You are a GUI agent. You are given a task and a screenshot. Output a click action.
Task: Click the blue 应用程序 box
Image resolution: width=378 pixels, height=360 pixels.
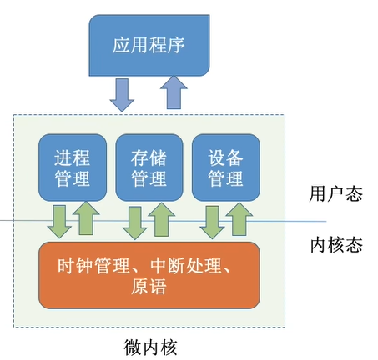coord(149,45)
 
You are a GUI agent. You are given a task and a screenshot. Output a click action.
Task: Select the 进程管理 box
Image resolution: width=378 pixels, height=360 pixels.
coord(73,167)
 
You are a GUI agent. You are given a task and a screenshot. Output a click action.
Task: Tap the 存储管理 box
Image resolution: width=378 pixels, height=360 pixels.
coord(149,167)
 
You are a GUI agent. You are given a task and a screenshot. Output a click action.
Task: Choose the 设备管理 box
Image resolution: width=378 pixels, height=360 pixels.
coord(226,167)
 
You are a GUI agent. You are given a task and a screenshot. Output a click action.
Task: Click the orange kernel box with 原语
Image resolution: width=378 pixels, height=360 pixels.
coord(149,275)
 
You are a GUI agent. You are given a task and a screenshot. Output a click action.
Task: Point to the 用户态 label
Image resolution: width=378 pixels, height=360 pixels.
coord(335,193)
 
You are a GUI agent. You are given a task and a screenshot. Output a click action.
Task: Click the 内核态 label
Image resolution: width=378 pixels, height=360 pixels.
coord(336,245)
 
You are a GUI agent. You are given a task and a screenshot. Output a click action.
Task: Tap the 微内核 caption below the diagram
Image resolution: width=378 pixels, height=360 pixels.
coord(150,347)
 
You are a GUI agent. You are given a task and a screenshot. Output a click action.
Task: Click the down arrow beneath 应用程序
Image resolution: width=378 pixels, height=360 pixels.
coord(122,95)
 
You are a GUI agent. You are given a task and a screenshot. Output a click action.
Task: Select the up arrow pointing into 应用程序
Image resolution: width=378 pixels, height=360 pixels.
coord(174,92)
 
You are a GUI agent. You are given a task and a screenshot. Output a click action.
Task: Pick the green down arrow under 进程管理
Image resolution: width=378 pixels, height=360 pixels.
coord(59,222)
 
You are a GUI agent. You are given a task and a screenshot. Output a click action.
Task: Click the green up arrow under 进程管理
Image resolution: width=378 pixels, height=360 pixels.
coord(86,218)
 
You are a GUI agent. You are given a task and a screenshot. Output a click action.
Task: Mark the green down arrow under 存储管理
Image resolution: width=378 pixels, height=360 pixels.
coord(135,222)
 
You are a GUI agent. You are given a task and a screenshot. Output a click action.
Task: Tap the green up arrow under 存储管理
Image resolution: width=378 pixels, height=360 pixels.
coord(162,219)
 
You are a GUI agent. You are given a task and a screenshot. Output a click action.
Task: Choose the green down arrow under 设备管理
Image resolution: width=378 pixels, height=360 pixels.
coord(212,222)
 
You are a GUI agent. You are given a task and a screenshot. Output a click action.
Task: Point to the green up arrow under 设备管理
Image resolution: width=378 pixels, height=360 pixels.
coord(239,219)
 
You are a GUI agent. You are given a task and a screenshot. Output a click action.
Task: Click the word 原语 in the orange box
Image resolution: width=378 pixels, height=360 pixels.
coord(149,287)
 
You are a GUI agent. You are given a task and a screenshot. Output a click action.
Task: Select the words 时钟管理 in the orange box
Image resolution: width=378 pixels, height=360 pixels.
coord(93,266)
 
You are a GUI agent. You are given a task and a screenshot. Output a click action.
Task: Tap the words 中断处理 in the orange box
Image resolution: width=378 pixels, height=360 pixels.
coord(186,266)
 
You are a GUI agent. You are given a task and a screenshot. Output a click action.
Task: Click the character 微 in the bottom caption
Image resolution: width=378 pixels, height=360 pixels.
coord(133,347)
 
